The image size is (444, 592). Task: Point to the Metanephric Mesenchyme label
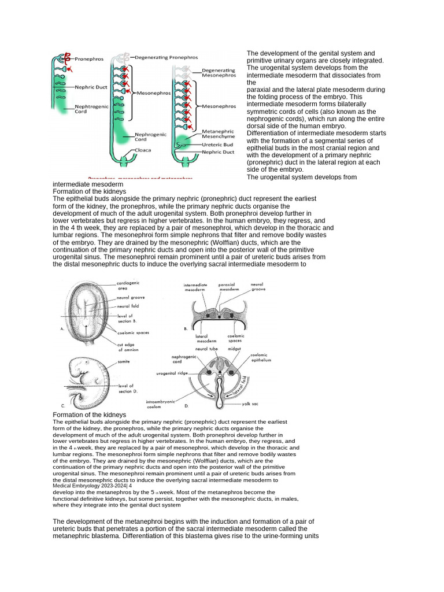[x=217, y=134]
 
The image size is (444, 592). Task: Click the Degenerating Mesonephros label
[x=219, y=73]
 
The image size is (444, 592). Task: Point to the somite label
[x=124, y=362]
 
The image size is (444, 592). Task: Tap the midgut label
[x=234, y=349]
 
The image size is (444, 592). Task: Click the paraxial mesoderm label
[x=226, y=287]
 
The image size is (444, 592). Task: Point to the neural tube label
[x=206, y=349]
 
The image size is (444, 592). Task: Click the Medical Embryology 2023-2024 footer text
[x=92, y=486]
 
